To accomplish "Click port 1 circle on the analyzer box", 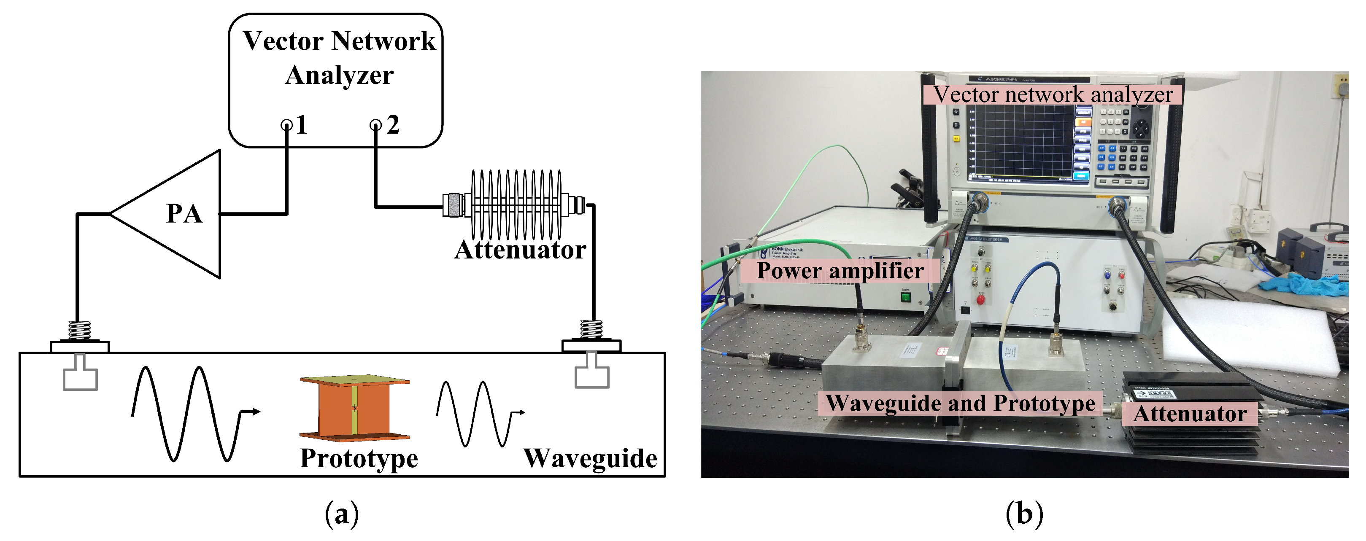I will pyautogui.click(x=286, y=126).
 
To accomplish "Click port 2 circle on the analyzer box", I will pyautogui.click(x=375, y=126).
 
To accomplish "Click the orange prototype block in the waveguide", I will pyautogui.click(x=354, y=408).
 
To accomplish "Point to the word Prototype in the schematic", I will pyautogui.click(x=359, y=458).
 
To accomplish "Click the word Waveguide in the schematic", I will pyautogui.click(x=590, y=458).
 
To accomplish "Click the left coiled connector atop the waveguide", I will pyautogui.click(x=80, y=331).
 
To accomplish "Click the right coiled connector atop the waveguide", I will pyautogui.click(x=591, y=330).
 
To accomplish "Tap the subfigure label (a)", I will pyautogui.click(x=342, y=514).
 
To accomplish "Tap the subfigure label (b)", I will pyautogui.click(x=1024, y=514).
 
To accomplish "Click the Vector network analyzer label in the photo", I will pyautogui.click(x=1053, y=95).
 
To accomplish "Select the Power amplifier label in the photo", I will pyautogui.click(x=840, y=271).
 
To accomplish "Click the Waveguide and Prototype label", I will pyautogui.click(x=960, y=403).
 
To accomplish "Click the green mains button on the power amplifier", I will pyautogui.click(x=906, y=297).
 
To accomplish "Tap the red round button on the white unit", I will pyautogui.click(x=980, y=300).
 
